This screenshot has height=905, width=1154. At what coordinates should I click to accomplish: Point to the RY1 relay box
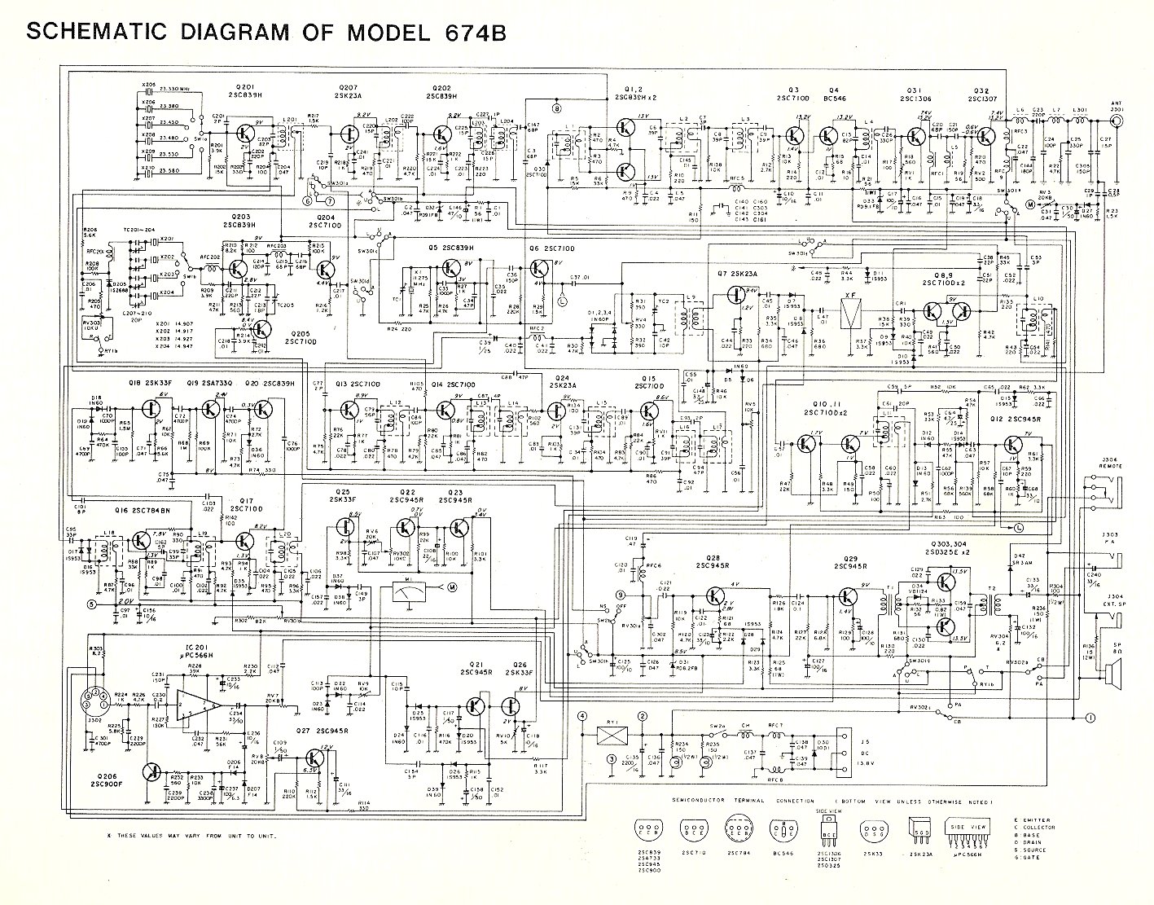click(609, 733)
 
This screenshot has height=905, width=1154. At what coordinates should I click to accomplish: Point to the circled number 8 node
click(557, 107)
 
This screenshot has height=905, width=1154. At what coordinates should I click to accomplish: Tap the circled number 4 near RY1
click(581, 717)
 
